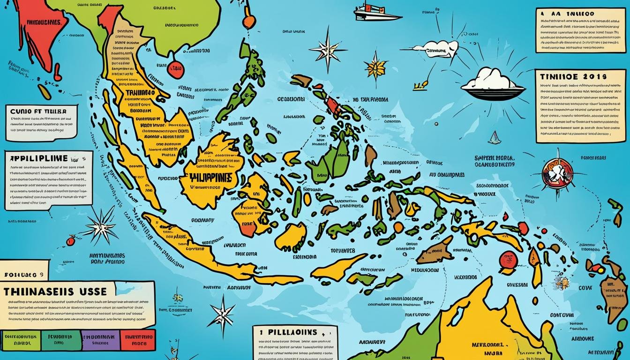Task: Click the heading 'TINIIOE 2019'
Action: pos(573,76)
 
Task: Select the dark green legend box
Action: pos(60,339)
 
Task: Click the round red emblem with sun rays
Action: pos(557,173)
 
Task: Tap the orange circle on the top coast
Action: pos(249,22)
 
